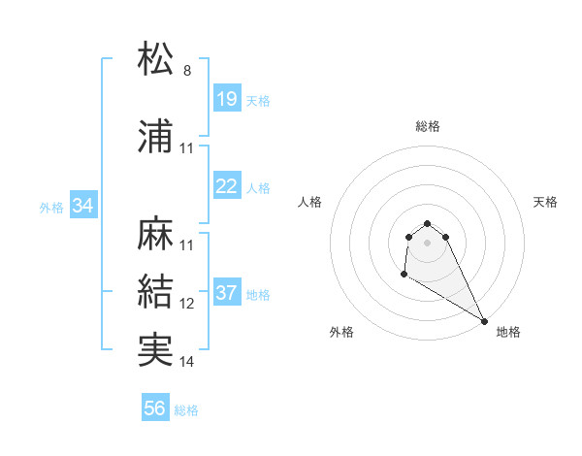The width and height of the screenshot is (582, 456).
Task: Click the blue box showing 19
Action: point(226,99)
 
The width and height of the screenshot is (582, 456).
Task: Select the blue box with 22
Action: point(226,186)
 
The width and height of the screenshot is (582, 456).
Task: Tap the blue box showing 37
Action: point(226,293)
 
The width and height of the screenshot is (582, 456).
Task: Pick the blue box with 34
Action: point(83,206)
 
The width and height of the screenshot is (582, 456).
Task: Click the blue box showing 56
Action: point(155,408)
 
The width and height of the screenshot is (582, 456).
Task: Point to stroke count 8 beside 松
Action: point(187,70)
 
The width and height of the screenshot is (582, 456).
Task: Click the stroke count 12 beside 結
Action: point(187,304)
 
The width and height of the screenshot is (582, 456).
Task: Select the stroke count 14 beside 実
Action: point(187,362)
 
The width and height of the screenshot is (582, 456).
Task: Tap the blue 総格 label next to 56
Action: point(186,410)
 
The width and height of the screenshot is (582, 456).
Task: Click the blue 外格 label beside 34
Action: point(51,207)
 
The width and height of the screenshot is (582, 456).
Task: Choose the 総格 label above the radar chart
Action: point(428,126)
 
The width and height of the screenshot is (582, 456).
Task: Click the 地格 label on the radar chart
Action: point(508,332)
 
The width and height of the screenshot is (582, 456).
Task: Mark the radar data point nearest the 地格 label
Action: point(485,321)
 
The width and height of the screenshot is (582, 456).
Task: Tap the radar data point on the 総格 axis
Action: point(428,222)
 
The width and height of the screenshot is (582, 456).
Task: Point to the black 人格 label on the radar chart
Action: point(310,202)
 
